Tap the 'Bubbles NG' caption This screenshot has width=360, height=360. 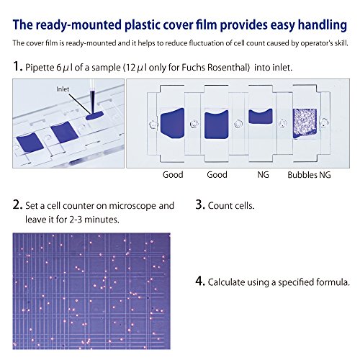click(x=308, y=174)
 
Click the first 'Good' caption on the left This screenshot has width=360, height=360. click(x=173, y=174)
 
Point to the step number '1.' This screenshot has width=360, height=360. click(x=17, y=66)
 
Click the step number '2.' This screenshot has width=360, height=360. click(x=17, y=204)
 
